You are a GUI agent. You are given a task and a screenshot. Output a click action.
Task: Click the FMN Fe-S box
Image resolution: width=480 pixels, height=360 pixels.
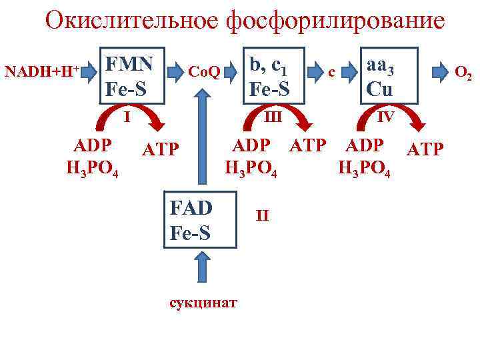pos(132,76)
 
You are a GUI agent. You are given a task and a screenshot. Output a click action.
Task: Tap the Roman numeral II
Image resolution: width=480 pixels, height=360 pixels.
pos(262,215)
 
